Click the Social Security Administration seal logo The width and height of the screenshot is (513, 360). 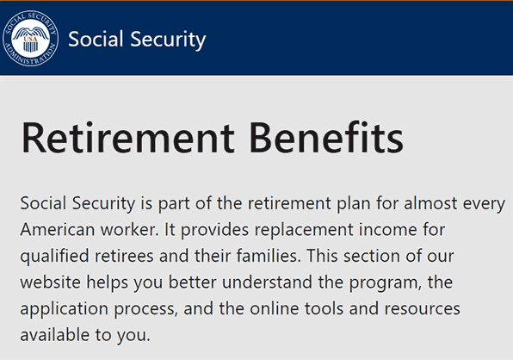click(x=30, y=38)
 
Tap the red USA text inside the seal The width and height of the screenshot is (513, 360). click(x=30, y=40)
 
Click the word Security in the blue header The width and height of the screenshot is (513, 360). click(x=168, y=40)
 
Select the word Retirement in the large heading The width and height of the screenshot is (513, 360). click(x=127, y=137)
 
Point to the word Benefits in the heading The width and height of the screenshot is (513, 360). click(x=326, y=137)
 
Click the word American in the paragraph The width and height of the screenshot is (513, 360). click(x=58, y=229)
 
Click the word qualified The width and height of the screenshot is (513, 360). click(x=54, y=257)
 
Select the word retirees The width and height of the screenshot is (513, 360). click(x=124, y=256)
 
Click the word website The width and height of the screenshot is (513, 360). click(x=51, y=282)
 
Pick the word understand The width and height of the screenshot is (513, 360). click(x=267, y=282)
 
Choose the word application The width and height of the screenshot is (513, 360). click(x=64, y=309)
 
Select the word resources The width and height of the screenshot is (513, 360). click(x=422, y=309)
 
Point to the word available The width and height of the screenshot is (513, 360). click(x=54, y=335)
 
